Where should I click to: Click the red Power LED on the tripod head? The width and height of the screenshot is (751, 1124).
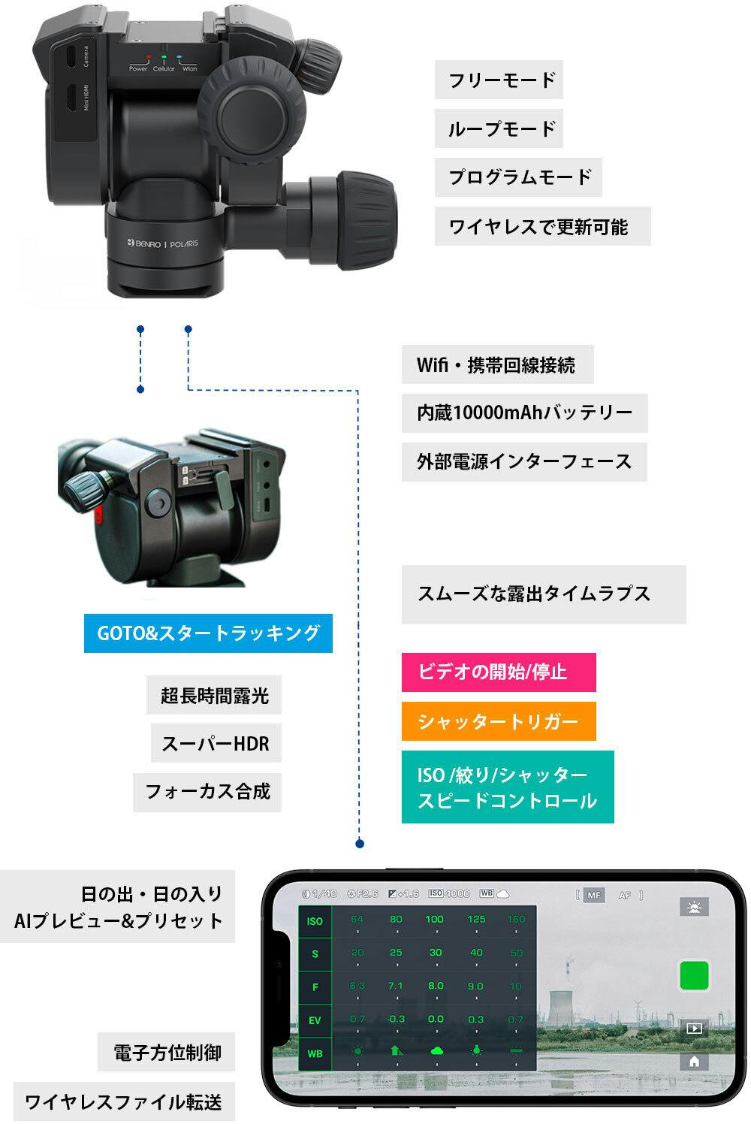point(149,56)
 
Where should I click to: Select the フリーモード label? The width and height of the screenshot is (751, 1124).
point(499,80)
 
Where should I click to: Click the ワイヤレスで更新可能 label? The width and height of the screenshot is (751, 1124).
point(541,226)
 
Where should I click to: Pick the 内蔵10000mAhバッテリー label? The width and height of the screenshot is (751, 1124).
point(524,412)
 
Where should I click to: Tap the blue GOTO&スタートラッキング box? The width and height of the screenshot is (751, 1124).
point(208,633)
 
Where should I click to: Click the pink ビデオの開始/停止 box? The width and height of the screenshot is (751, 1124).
point(498,672)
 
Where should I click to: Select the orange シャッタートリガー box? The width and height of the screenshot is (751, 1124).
point(498,721)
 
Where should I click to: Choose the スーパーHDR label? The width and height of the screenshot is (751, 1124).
point(216,744)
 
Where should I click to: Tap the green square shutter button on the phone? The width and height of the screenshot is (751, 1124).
point(694,975)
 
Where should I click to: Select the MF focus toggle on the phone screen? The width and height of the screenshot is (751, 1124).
point(594,895)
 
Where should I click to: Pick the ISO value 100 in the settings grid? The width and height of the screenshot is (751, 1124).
point(434,920)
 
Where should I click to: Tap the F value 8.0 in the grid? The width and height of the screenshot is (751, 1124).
point(436,986)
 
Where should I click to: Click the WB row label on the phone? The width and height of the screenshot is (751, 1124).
point(315,1053)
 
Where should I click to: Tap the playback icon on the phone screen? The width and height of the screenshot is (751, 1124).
point(694,1028)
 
